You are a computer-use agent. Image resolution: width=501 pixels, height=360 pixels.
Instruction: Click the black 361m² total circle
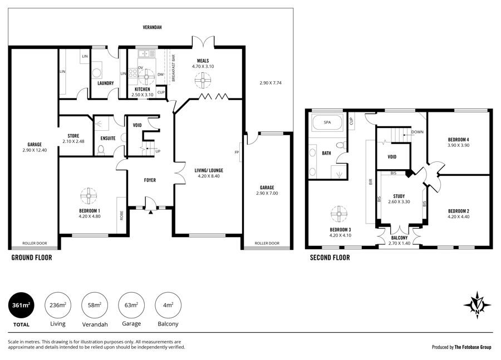pos(21,305)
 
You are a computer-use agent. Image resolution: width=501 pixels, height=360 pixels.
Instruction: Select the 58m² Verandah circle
pos(95,305)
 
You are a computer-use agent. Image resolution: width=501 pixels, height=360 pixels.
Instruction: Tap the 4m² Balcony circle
pos(168,305)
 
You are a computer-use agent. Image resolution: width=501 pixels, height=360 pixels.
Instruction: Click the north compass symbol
pos(478,305)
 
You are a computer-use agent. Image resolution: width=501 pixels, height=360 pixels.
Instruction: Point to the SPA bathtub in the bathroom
pos(327,122)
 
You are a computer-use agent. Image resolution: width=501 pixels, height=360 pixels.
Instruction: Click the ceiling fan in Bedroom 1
pos(89,195)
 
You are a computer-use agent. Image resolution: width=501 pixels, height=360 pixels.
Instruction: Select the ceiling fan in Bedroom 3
pos(338,214)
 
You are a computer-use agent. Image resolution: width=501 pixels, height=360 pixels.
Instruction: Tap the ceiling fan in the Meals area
pos(203,80)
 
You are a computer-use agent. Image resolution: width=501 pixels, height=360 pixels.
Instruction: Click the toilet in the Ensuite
pos(101,150)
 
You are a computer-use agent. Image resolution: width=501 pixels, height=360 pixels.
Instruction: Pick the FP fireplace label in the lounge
pos(237,152)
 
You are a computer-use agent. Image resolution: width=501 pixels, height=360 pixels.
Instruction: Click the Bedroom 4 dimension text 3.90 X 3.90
pos(458,145)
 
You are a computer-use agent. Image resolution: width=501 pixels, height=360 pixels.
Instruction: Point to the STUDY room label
pos(399,196)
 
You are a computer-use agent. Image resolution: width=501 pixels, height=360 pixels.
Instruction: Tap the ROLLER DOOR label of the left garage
pos(35,243)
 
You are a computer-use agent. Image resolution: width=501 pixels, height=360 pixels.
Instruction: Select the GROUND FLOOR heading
pos(32,258)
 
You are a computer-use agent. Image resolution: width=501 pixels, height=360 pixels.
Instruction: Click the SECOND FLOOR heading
pos(330,258)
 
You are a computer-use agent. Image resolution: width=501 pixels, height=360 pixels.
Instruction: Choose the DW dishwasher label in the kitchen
pos(160,75)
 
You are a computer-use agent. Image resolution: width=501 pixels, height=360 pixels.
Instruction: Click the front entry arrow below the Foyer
pos(150,211)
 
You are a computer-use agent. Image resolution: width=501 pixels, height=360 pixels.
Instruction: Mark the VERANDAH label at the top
pos(152,27)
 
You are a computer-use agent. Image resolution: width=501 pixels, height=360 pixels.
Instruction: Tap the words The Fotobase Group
pos(473,347)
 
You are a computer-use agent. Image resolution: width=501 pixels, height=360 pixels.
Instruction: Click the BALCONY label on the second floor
pos(399,238)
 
